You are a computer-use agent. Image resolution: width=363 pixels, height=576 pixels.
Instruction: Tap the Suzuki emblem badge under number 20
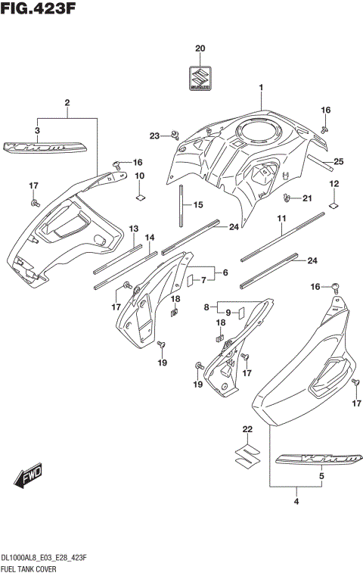(200, 77)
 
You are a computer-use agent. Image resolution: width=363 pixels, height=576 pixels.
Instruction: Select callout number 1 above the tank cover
(261, 87)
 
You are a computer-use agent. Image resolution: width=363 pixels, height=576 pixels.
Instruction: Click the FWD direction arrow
(29, 477)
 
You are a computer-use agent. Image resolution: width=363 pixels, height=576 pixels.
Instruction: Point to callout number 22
(245, 430)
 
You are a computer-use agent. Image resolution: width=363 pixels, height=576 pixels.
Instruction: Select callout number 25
(338, 161)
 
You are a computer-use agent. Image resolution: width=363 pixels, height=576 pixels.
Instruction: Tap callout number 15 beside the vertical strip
(198, 205)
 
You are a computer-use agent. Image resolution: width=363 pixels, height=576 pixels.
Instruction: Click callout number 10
(140, 176)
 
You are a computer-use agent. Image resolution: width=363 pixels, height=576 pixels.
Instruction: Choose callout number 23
(154, 135)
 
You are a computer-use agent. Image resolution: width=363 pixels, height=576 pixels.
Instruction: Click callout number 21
(307, 198)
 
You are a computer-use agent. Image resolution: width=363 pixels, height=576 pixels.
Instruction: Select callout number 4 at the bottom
(297, 500)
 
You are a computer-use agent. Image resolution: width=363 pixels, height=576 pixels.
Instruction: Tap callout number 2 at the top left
(67, 102)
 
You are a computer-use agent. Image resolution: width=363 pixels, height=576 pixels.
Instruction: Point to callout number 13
(133, 229)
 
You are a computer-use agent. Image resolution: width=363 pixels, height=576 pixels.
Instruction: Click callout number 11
(281, 219)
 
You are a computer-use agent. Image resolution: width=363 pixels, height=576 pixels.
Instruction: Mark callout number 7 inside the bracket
(202, 280)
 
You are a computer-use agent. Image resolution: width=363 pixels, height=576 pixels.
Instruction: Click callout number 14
(150, 237)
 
